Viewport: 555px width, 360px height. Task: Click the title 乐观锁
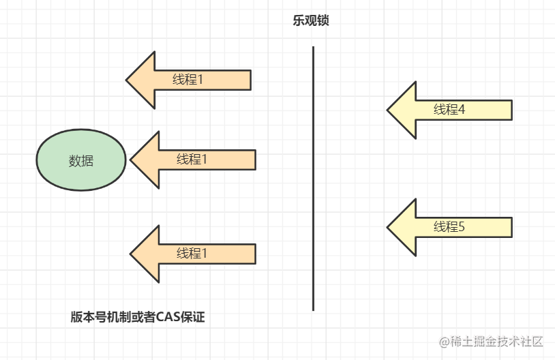click(x=312, y=21)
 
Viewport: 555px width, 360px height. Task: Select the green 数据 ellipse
click(x=81, y=161)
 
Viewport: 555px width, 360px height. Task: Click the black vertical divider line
click(x=313, y=177)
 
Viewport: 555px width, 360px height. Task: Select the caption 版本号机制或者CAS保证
click(x=138, y=317)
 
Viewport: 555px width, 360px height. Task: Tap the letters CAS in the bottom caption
click(x=167, y=317)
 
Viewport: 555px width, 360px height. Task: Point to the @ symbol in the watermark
click(x=443, y=341)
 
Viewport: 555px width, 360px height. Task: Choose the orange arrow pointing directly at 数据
click(x=192, y=160)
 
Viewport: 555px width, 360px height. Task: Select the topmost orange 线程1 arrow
click(x=189, y=79)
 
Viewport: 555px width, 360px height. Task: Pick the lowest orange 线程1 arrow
click(x=192, y=254)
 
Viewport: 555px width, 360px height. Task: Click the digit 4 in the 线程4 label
click(x=462, y=109)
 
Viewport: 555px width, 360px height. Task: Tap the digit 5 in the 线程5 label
click(x=462, y=227)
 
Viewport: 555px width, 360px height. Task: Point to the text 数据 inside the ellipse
click(x=81, y=162)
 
